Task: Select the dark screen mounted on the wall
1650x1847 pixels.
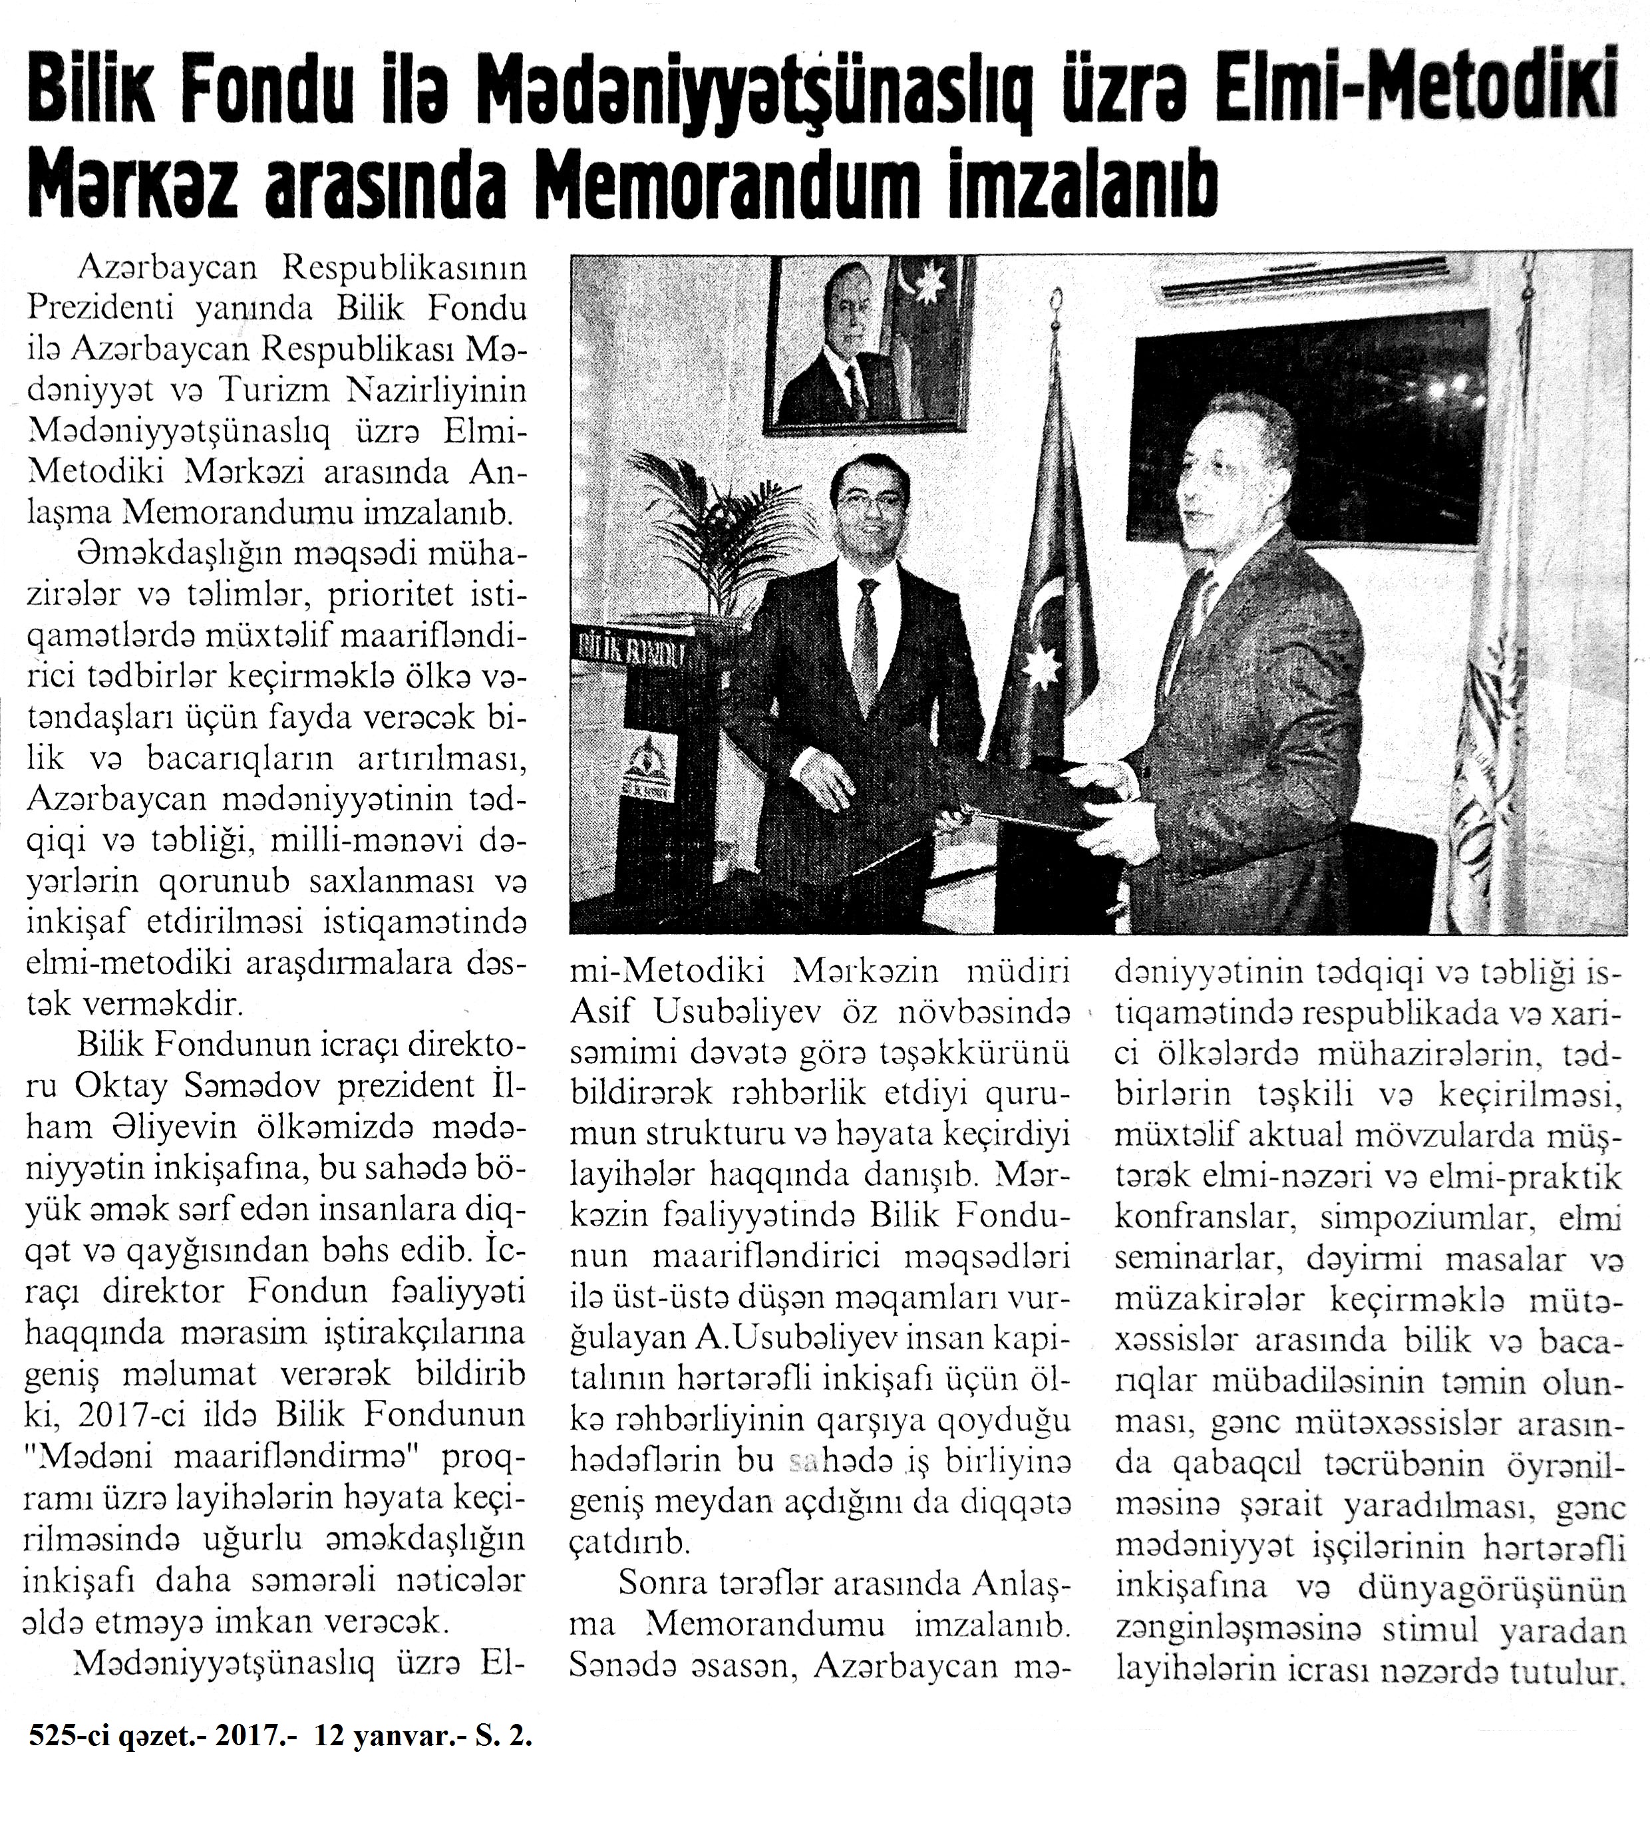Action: (1305, 435)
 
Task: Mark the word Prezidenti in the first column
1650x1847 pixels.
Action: (102, 309)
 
